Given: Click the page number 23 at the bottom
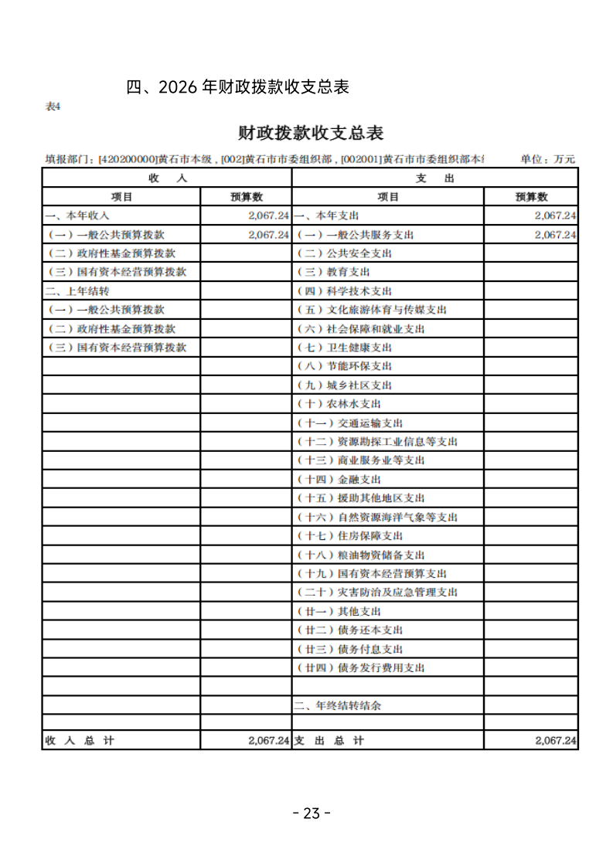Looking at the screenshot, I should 312,813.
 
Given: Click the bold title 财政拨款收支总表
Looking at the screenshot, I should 311,133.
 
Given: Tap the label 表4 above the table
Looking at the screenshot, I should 53,107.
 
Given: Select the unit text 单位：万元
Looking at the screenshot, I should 547,159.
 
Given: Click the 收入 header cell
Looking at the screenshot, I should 167,178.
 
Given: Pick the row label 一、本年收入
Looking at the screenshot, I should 77,216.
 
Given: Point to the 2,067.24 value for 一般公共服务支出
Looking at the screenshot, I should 555,235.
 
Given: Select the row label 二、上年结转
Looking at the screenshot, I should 77,291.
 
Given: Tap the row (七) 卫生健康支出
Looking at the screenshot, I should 345,348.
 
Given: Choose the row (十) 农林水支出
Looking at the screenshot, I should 339,404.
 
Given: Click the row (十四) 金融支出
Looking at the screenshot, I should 339,480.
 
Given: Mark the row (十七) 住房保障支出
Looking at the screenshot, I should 350,536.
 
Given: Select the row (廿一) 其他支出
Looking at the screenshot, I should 339,611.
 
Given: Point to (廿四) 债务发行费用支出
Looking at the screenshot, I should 361,667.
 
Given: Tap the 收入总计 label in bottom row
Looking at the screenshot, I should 80,740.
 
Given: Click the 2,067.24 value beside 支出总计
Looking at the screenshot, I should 555,740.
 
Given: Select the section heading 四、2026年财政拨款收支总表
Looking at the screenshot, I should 238,87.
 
